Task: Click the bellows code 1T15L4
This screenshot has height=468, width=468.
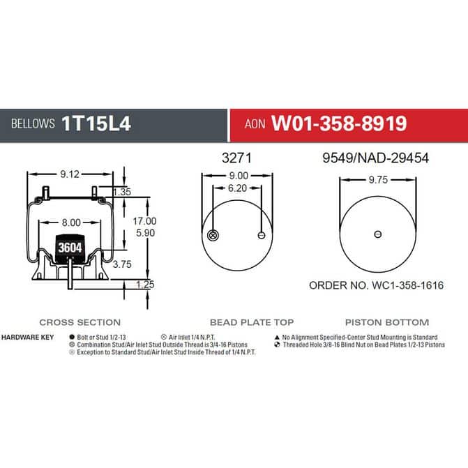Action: pyautogui.click(x=96, y=123)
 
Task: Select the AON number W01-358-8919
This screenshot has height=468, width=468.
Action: pyautogui.click(x=339, y=123)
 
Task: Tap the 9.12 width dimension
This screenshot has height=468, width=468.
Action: pyautogui.click(x=70, y=174)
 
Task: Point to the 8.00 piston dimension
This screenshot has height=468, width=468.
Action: pyautogui.click(x=71, y=222)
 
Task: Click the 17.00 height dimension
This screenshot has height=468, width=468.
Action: pyautogui.click(x=144, y=221)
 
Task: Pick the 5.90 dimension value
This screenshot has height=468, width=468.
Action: pyautogui.click(x=145, y=233)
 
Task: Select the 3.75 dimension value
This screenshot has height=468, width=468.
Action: pyautogui.click(x=122, y=264)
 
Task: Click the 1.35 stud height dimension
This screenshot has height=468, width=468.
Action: pyautogui.click(x=122, y=192)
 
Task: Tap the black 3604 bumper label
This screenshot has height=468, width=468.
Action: pyautogui.click(x=70, y=248)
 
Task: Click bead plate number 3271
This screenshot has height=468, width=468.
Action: pyautogui.click(x=236, y=158)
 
